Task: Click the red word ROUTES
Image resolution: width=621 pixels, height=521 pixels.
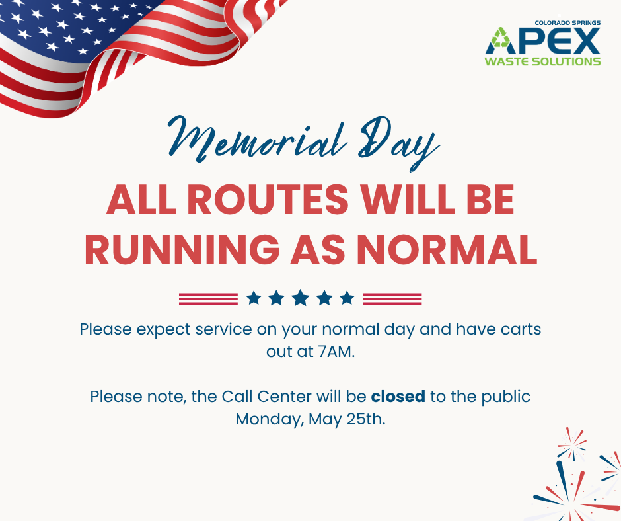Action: click(268, 200)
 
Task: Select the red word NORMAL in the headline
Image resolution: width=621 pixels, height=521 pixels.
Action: click(447, 250)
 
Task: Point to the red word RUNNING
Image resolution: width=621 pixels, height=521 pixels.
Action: click(182, 250)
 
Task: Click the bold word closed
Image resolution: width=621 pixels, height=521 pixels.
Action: click(398, 396)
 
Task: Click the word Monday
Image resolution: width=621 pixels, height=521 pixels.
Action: click(270, 419)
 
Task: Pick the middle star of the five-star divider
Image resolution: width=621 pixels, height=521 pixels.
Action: click(301, 298)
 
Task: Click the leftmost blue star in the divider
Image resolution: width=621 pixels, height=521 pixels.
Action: click(254, 298)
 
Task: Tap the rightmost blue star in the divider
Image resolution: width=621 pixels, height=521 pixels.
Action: click(347, 298)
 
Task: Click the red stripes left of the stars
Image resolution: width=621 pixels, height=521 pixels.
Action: click(208, 299)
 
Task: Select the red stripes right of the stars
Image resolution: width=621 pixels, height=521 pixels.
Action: click(392, 299)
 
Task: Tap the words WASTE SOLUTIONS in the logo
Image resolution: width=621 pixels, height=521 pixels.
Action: click(542, 61)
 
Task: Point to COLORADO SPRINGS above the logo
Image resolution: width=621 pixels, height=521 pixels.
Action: click(567, 23)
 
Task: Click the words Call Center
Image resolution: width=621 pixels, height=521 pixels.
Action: click(266, 396)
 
